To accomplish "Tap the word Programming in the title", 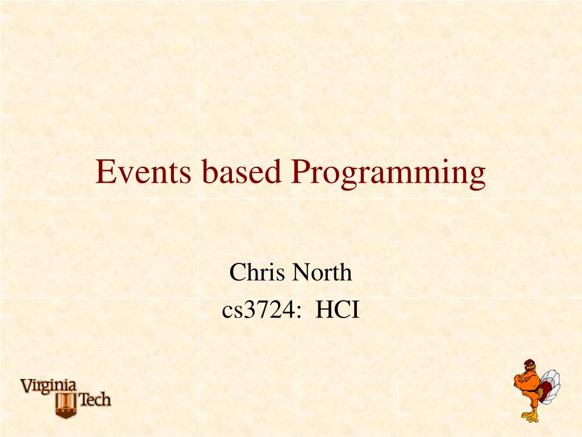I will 389,173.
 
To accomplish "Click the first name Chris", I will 257,273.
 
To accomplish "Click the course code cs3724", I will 259,311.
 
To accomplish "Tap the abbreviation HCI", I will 338,311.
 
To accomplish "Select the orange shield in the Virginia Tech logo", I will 66,404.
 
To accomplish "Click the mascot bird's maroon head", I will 529,366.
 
